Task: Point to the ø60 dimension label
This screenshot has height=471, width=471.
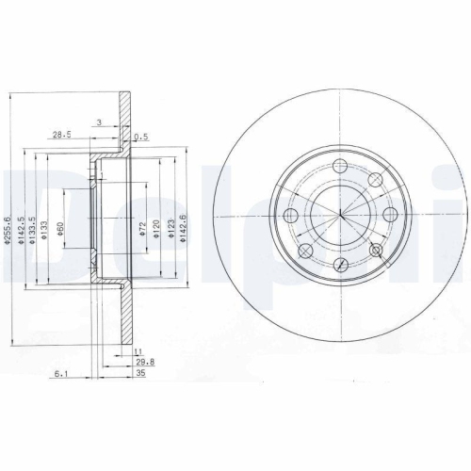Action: click(x=60, y=229)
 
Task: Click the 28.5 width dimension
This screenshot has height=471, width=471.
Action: click(x=63, y=135)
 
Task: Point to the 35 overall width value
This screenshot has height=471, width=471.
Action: click(x=140, y=373)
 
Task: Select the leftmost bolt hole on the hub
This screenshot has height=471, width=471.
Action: click(x=290, y=217)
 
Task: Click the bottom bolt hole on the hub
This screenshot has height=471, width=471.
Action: click(x=339, y=265)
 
